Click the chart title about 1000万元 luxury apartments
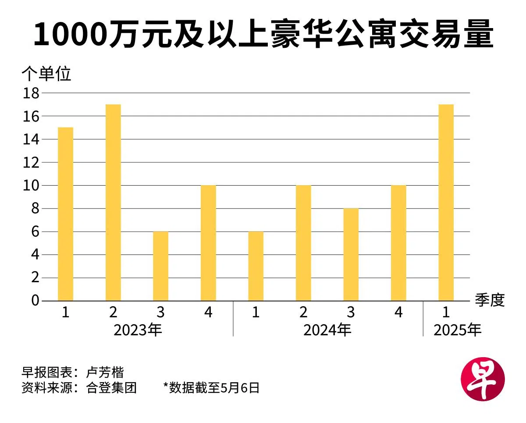pyautogui.click(x=263, y=35)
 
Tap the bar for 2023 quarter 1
pyautogui.click(x=65, y=214)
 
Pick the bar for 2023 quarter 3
pyautogui.click(x=160, y=266)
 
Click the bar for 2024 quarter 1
pyautogui.click(x=256, y=266)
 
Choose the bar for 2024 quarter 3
pyautogui.click(x=351, y=255)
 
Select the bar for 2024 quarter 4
pyautogui.click(x=398, y=243)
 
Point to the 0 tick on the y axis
pyautogui.click(x=34, y=301)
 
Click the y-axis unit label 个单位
pyautogui.click(x=46, y=74)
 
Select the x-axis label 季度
pyautogui.click(x=490, y=301)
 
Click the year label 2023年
pyautogui.click(x=138, y=330)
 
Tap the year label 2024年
pyautogui.click(x=327, y=330)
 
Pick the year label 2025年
pyautogui.click(x=457, y=330)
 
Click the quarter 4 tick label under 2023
pyautogui.click(x=208, y=312)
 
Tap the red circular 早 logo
pyautogui.click(x=483, y=380)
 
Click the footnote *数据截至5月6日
pyautogui.click(x=211, y=387)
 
